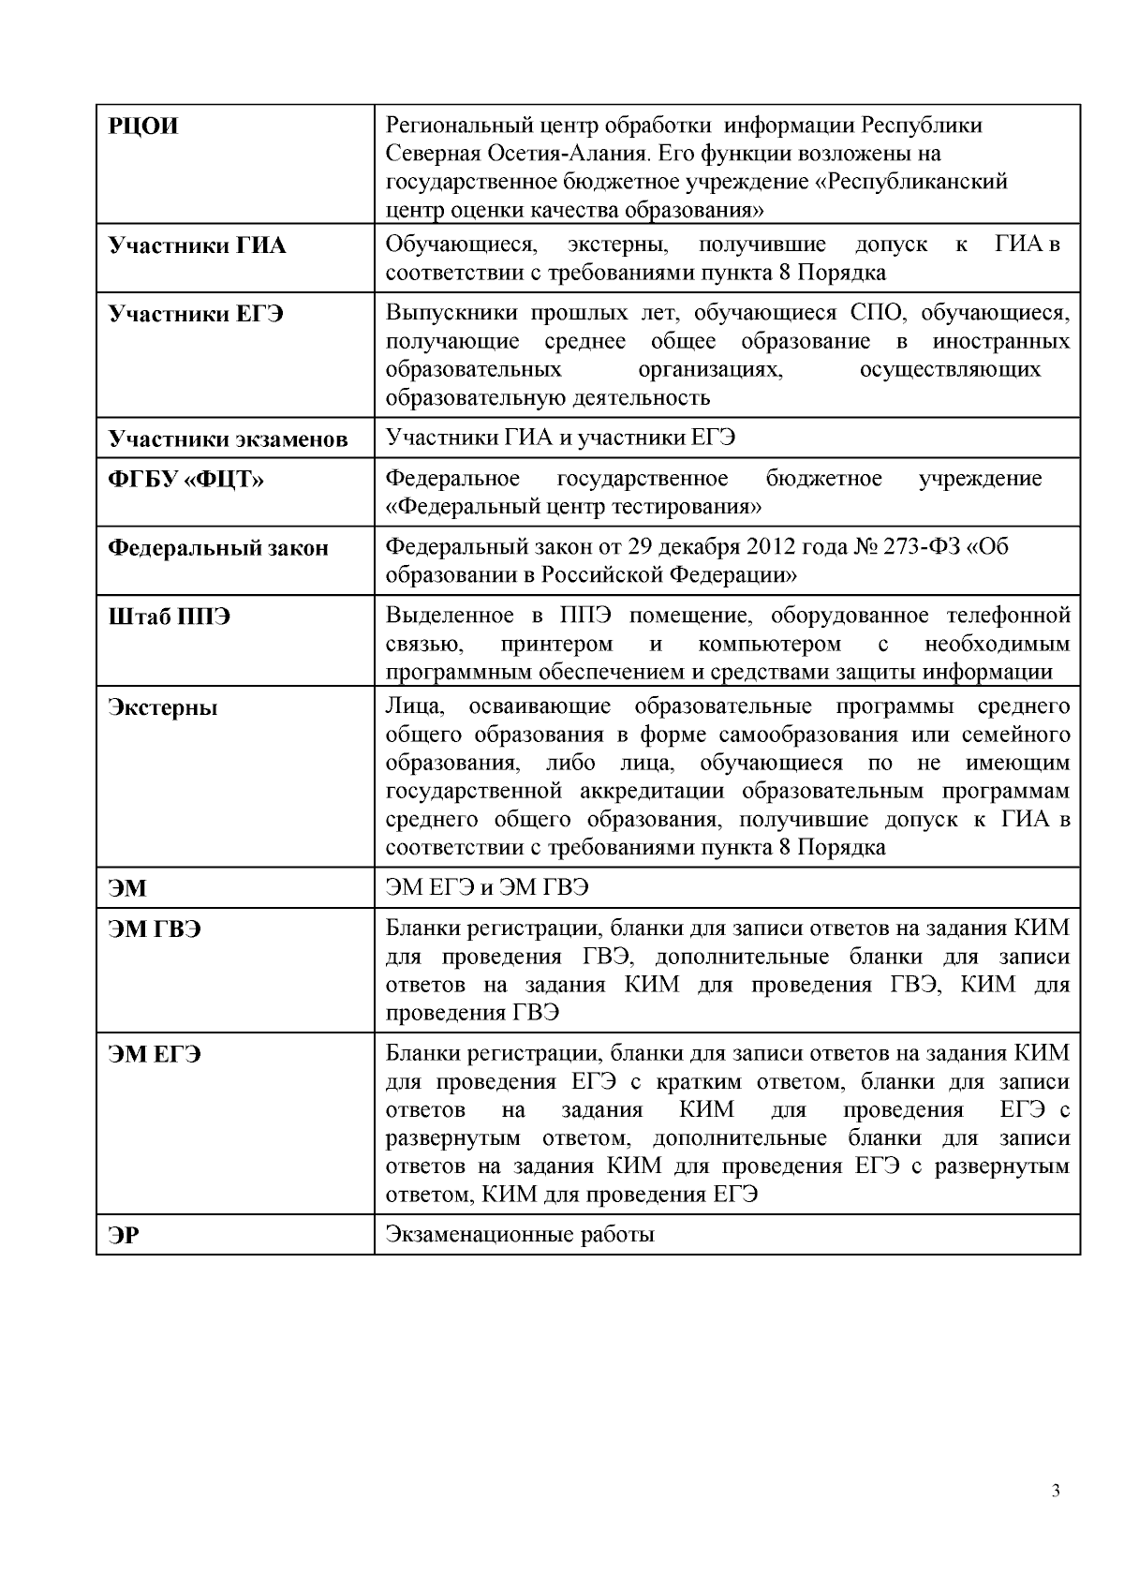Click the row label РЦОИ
click(143, 126)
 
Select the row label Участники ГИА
click(198, 246)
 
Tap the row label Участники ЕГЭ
click(196, 313)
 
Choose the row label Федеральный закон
click(218, 548)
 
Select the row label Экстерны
click(163, 707)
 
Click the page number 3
click(1056, 1492)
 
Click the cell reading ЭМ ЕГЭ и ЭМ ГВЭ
click(487, 887)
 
